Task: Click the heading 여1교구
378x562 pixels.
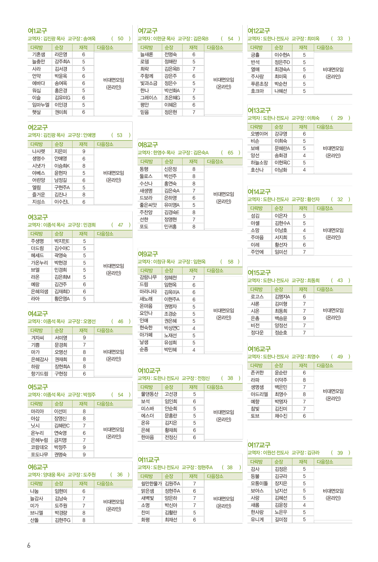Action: click(x=37, y=31)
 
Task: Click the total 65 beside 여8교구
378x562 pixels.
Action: click(x=230, y=153)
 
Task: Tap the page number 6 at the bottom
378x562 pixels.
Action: click(x=29, y=545)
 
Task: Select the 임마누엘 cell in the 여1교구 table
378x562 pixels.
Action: click(x=40, y=105)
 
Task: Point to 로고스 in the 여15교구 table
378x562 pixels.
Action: click(x=257, y=297)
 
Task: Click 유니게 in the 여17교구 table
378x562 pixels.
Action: click(x=258, y=520)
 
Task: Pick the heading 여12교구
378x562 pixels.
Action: click(x=259, y=31)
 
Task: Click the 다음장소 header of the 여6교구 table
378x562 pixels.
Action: click(x=105, y=484)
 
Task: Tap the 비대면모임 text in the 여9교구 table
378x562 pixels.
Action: click(x=224, y=310)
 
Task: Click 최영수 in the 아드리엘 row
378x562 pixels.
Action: click(x=281, y=394)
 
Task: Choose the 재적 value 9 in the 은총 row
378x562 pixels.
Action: click(x=304, y=318)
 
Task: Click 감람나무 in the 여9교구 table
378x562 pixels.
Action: click(x=148, y=278)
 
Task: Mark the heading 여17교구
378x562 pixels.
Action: click(x=259, y=445)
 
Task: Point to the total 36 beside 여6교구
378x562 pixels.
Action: click(x=120, y=475)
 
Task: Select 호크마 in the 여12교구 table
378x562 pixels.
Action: click(x=257, y=91)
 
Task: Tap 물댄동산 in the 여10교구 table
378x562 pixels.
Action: click(x=149, y=394)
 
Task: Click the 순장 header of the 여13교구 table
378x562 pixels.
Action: click(x=279, y=127)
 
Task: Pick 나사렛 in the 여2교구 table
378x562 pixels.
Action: click(x=39, y=151)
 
